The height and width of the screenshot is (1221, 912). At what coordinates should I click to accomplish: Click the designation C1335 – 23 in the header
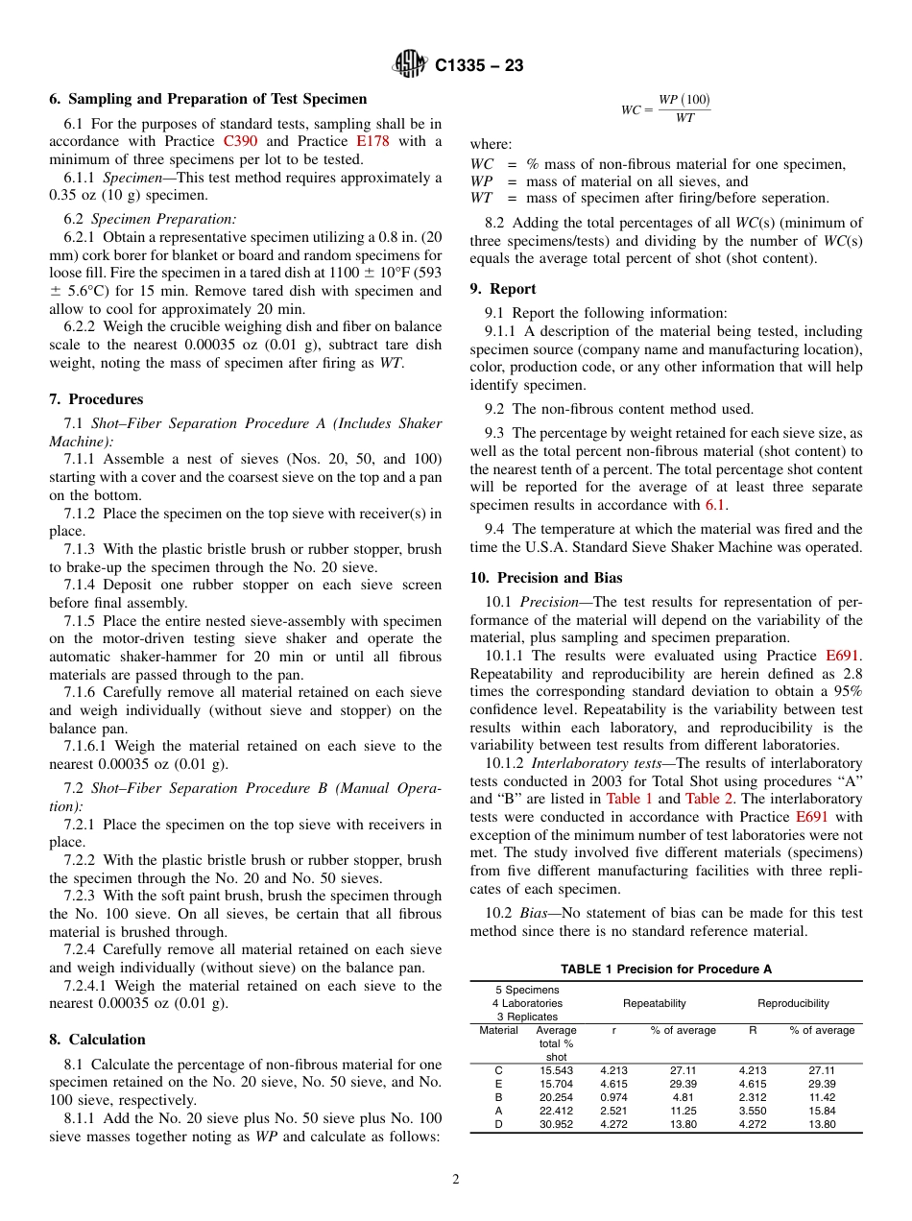click(479, 66)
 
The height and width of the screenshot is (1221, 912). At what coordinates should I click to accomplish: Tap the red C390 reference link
click(241, 141)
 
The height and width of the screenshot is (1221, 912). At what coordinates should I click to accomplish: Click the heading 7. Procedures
click(96, 399)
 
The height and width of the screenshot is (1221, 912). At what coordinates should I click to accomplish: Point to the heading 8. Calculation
click(97, 1040)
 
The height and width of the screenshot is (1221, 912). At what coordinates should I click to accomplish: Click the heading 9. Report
click(503, 289)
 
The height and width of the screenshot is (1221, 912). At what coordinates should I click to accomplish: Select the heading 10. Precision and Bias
click(545, 578)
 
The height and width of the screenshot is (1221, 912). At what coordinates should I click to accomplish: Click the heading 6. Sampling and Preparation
click(207, 99)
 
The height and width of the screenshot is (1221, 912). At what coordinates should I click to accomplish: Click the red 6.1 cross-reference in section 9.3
click(716, 505)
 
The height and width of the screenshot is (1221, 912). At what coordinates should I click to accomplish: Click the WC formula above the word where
click(665, 108)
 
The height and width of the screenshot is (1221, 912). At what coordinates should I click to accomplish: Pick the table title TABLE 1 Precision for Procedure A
click(666, 970)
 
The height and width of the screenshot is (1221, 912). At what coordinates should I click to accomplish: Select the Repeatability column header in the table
click(655, 1003)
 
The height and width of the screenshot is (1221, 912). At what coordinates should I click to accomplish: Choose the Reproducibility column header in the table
click(793, 1003)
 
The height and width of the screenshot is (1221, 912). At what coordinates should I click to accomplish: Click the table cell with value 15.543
click(556, 1070)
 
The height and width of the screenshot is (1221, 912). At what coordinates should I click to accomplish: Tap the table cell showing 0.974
click(613, 1097)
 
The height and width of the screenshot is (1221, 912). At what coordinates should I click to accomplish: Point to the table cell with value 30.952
click(556, 1124)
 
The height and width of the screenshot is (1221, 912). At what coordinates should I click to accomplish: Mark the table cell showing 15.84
click(822, 1111)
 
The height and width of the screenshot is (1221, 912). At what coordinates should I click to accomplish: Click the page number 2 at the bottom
click(456, 1180)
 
